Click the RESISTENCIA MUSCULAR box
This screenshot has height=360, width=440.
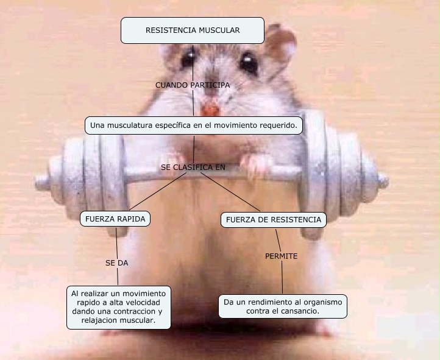193,30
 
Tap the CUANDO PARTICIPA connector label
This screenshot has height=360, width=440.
193,85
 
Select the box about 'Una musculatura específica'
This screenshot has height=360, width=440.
194,125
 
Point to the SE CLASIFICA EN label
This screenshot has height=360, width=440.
193,166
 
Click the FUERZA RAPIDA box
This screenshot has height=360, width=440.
115,219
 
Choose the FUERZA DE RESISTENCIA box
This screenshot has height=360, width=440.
272,219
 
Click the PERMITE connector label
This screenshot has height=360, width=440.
281,256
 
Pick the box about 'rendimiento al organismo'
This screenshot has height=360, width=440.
283,306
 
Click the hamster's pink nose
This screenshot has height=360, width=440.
210,110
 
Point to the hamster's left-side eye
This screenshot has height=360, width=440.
188,59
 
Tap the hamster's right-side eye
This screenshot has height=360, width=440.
248,62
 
